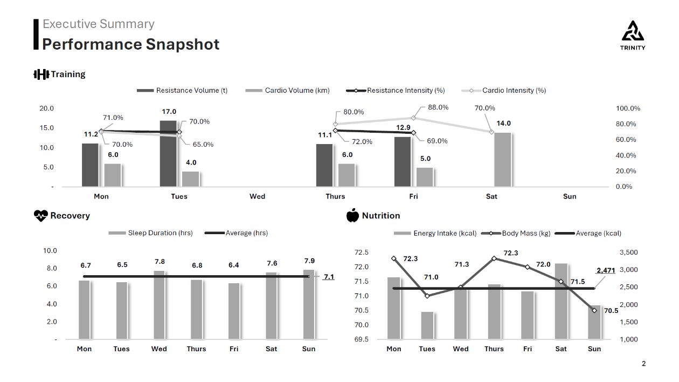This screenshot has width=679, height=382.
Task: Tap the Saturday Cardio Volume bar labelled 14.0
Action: coord(502,160)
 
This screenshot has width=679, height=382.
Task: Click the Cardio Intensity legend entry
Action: coord(504,91)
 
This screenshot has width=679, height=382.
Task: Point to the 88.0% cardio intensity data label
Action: coord(438,107)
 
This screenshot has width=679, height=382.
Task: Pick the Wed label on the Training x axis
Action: coord(257,196)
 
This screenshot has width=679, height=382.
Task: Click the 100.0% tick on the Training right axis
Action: coord(628,108)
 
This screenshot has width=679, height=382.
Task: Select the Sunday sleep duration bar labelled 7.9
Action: coord(309,304)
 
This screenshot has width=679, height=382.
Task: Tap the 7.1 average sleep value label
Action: coord(329,277)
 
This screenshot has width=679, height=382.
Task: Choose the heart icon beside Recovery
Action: coord(40,216)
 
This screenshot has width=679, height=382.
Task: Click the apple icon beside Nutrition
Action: coord(352,216)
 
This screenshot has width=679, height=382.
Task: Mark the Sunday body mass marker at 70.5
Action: coord(594,310)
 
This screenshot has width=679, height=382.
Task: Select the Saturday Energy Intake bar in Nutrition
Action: coord(561,301)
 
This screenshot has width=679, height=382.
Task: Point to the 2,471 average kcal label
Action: coord(605,270)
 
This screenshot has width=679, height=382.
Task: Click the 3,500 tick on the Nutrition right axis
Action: coord(628,253)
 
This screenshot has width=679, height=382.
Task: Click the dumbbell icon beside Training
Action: coord(41,74)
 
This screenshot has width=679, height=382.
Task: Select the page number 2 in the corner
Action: coord(643,364)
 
